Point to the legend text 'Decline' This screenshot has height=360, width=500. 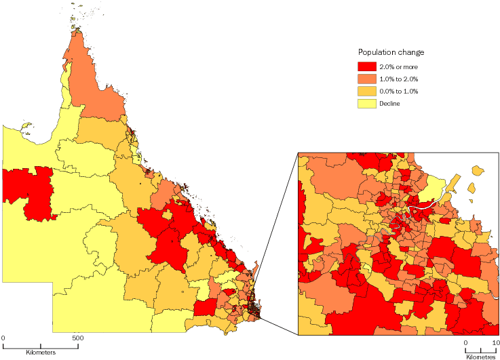[x=390, y=104]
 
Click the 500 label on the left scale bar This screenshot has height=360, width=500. [x=77, y=338]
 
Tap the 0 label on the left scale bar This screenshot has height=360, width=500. [x=3, y=338]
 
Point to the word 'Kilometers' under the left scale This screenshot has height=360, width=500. [x=41, y=353]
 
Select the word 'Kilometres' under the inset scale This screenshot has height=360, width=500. [x=480, y=355]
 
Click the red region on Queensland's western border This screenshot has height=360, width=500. [x=31, y=191]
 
